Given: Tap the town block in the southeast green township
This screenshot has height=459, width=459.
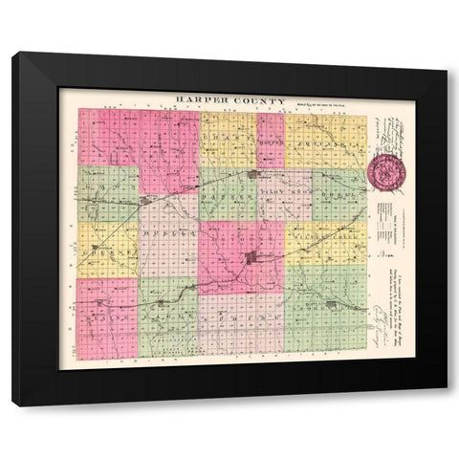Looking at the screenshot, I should click(x=333, y=305).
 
